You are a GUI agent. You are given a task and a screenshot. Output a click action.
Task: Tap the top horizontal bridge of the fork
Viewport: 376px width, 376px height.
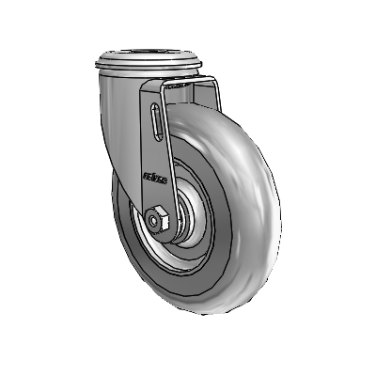pyautogui.click(x=188, y=86)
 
